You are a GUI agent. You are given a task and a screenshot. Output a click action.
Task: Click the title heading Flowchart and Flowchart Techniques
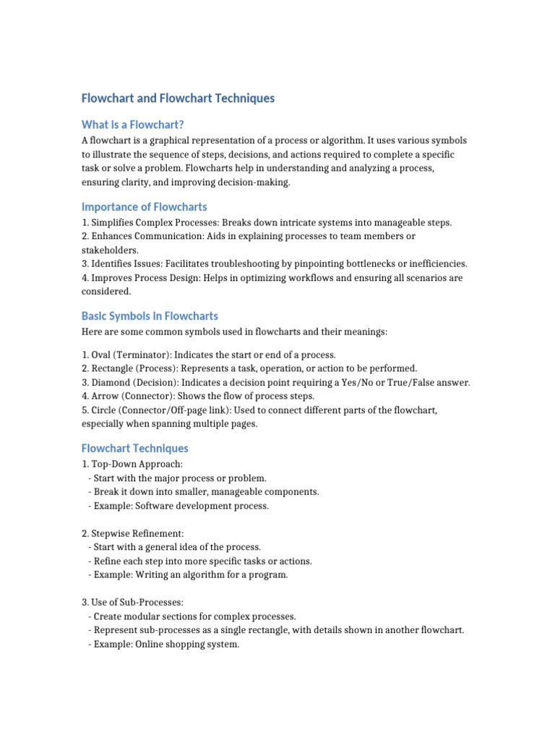pyautogui.click(x=178, y=98)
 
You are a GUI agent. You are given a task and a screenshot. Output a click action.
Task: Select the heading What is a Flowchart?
pyautogui.click(x=138, y=125)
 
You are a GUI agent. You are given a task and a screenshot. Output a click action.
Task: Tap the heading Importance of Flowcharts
pyautogui.click(x=145, y=207)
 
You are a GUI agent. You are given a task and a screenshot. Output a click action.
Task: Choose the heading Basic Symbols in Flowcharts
pyautogui.click(x=150, y=316)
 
